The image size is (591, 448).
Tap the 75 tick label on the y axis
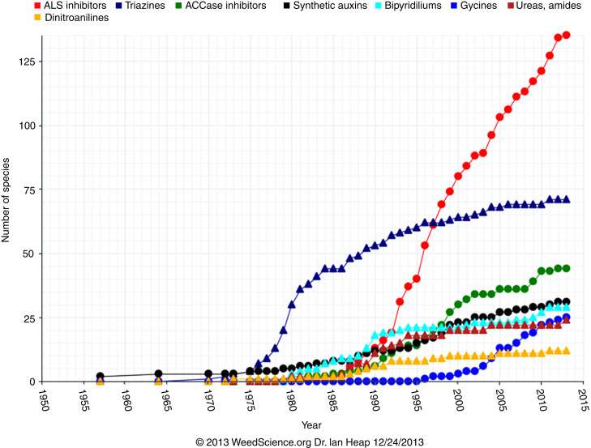[30, 190]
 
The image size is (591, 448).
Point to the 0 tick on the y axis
[33, 382]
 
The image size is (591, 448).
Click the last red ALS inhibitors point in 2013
[566, 35]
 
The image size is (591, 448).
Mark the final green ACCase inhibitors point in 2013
[566, 268]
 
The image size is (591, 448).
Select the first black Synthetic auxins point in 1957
[100, 377]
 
